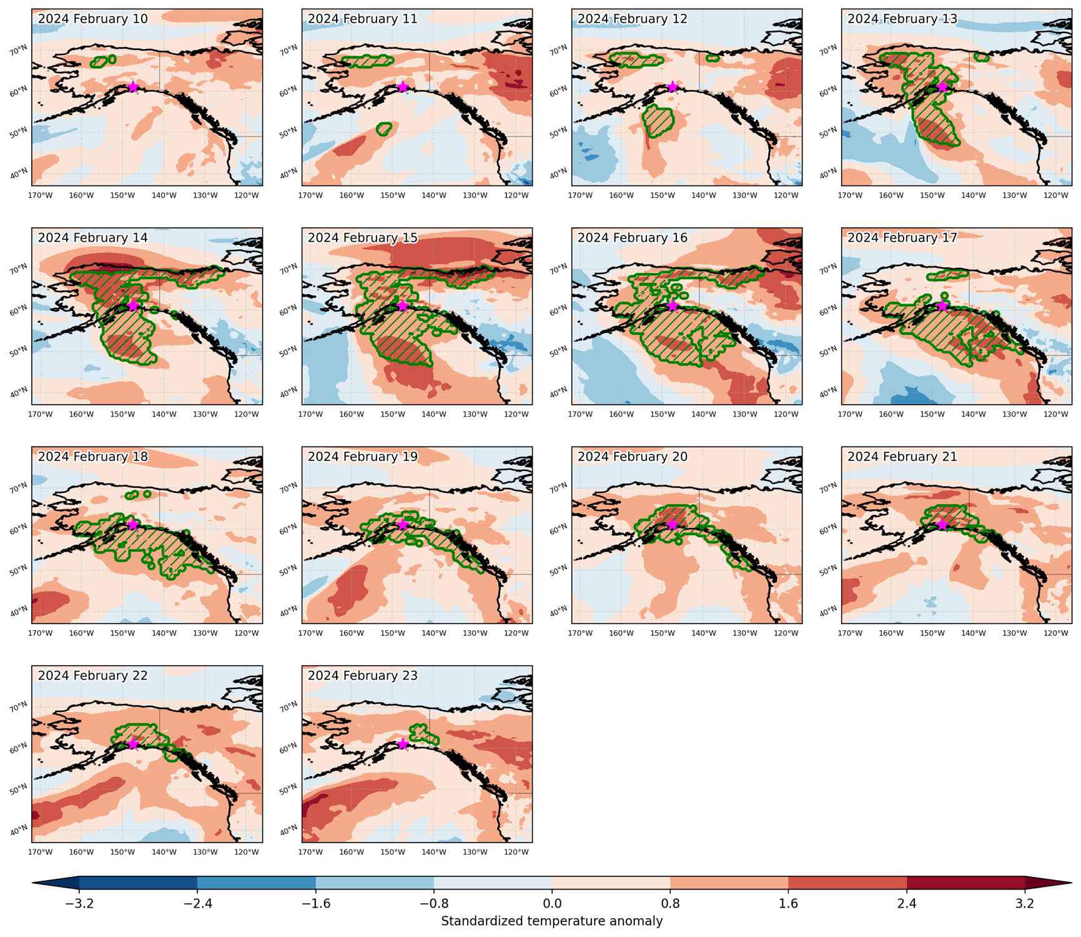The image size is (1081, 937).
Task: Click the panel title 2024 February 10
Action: (93, 19)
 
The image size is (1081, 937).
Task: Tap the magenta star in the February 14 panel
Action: (133, 305)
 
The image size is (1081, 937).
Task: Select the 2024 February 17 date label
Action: (902, 237)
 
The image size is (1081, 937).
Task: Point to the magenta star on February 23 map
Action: (403, 744)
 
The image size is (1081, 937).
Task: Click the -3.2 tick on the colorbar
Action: (79, 904)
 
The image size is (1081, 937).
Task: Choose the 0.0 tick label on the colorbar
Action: (552, 904)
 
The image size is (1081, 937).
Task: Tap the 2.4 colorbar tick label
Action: (907, 904)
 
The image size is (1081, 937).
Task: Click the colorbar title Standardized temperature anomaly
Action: (552, 921)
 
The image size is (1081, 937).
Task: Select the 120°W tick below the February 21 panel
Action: (1056, 633)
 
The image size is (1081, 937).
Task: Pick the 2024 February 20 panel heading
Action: (633, 457)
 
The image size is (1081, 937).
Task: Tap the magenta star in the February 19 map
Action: (403, 524)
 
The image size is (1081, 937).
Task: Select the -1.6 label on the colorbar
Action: (315, 904)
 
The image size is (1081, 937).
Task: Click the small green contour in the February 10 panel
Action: (103, 61)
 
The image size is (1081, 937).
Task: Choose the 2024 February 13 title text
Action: (902, 19)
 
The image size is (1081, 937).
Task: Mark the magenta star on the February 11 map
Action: (403, 86)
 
